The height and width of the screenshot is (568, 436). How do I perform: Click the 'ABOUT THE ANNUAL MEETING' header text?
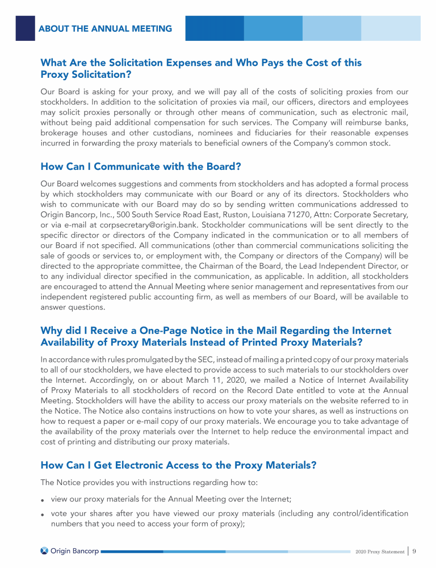(x=105, y=28)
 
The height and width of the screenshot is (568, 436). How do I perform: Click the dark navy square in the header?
(x=25, y=28)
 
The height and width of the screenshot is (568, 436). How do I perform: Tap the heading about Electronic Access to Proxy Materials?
(x=178, y=465)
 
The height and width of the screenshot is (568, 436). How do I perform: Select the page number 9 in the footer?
(x=415, y=550)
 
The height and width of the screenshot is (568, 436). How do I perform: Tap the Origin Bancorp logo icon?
(x=44, y=550)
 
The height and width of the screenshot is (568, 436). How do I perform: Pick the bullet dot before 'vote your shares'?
(x=43, y=515)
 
